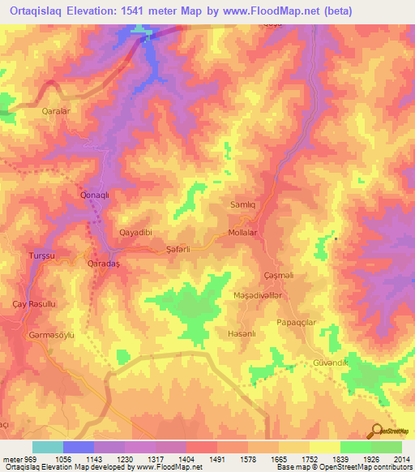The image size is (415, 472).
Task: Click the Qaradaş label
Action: tap(103, 264)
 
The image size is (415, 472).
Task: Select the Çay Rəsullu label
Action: tap(38, 303)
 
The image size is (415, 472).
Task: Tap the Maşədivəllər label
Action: tap(259, 296)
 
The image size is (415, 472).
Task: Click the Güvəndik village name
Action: tap(330, 363)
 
